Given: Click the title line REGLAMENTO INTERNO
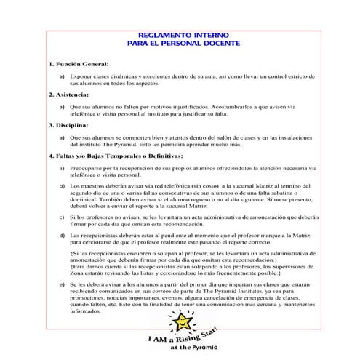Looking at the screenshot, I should tap(180, 34).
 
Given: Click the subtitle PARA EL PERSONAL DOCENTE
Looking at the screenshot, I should tap(180, 44).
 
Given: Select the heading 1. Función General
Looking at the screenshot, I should tap(79, 64).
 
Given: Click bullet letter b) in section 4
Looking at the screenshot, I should tap(62, 186).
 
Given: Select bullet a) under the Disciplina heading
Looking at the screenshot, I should tap(62, 137).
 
